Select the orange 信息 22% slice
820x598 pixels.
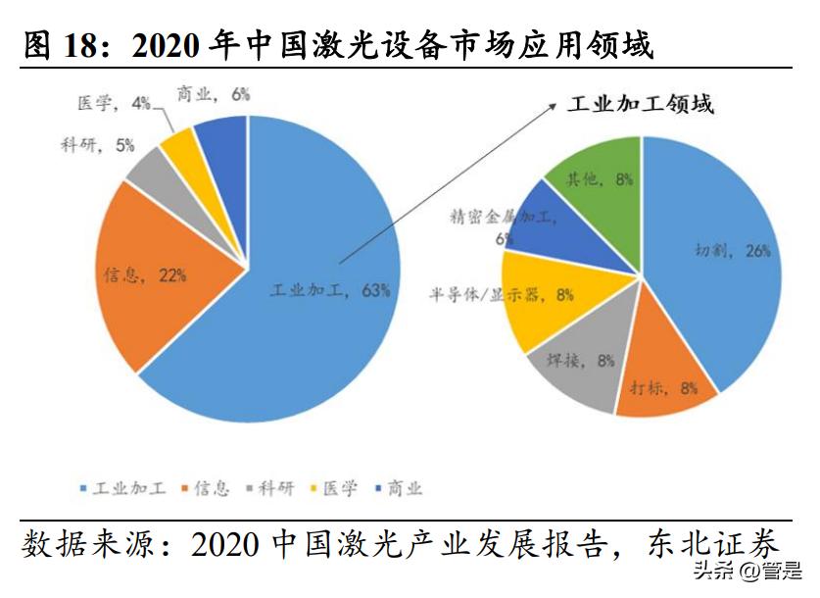click(167, 274)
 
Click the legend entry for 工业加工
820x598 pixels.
click(121, 487)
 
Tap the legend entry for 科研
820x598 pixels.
click(270, 487)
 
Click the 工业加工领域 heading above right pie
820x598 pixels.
click(641, 104)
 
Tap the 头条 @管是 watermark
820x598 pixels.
click(747, 571)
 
